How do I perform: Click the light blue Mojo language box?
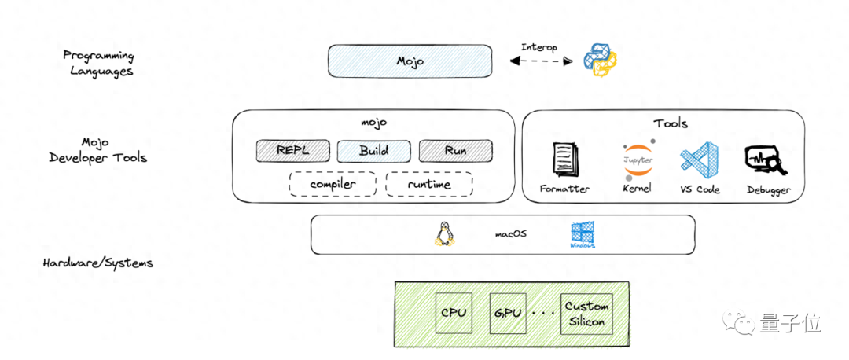[410, 61]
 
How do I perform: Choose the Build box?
[373, 150]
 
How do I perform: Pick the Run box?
[455, 150]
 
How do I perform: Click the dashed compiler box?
[333, 184]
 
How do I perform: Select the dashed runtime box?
[428, 184]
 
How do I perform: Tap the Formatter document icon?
[565, 160]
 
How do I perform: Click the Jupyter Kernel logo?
[637, 160]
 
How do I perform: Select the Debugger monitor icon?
[763, 161]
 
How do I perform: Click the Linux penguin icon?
[444, 233]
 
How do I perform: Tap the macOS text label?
[511, 233]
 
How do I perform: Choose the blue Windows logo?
[583, 234]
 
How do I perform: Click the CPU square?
[454, 312]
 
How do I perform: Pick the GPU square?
[508, 312]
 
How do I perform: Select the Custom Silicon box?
[586, 313]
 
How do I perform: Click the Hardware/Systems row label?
[98, 263]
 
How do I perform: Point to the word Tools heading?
[670, 123]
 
